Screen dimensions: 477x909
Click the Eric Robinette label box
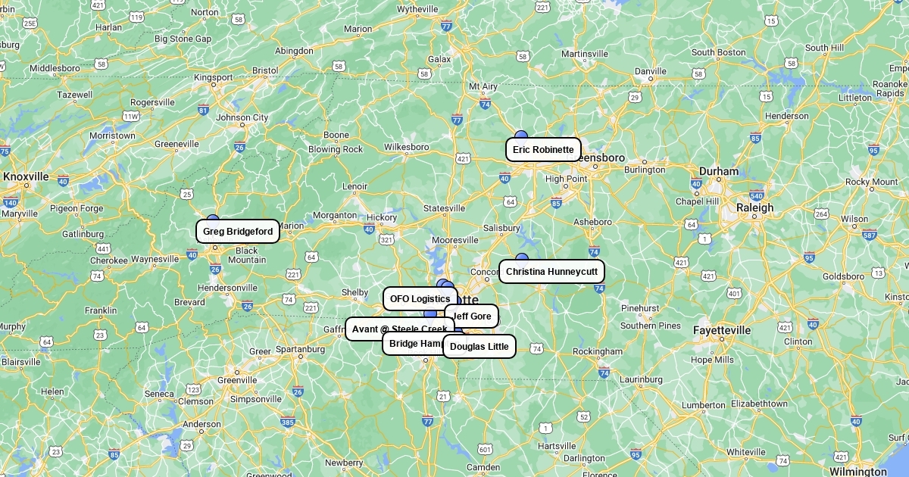[x=543, y=149]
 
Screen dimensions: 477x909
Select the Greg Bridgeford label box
[x=238, y=232]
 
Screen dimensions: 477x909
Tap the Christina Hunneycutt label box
[x=551, y=271]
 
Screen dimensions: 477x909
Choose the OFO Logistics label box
[x=420, y=298]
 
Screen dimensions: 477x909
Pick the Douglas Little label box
[x=479, y=347]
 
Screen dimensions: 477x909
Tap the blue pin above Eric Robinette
[x=521, y=136]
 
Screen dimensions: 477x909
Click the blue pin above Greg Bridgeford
[x=213, y=219]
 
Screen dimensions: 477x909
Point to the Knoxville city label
[x=26, y=176]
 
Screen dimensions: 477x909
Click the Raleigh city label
[x=755, y=207]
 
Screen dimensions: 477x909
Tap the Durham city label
[x=718, y=171]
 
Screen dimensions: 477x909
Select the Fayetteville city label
[x=722, y=330]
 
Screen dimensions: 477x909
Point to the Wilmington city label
[x=858, y=472]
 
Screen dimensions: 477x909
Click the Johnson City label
[x=242, y=117]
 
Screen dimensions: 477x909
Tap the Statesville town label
[x=444, y=208]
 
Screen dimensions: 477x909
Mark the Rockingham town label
[x=597, y=351]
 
